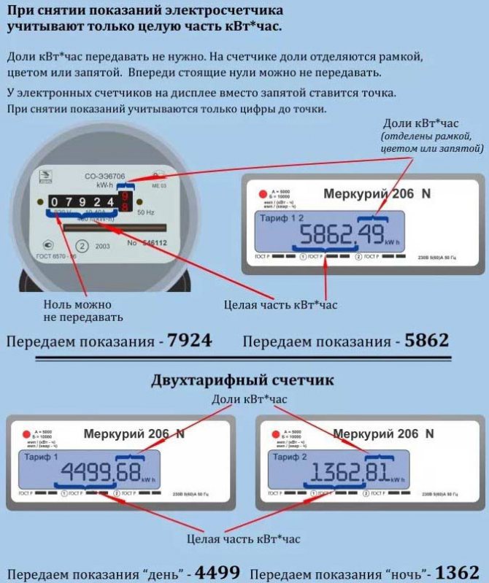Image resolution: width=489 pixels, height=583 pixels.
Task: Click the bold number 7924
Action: point(189,340)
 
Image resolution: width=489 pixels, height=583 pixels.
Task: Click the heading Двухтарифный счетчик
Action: point(243,380)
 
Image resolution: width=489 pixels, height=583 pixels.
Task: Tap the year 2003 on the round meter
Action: point(102,246)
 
